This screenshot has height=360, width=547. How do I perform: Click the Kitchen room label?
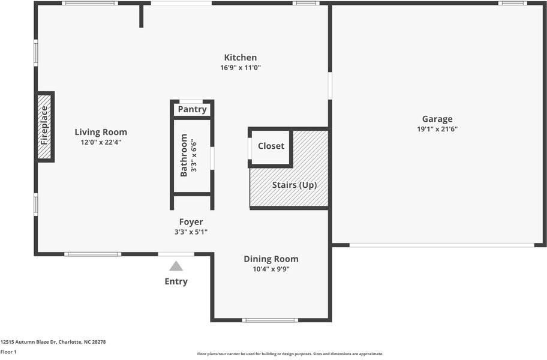(x=240, y=58)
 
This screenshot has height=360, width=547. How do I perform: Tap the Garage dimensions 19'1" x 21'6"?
(x=437, y=129)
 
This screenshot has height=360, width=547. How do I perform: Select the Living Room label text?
(x=101, y=132)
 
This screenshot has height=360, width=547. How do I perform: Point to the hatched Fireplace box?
(x=45, y=126)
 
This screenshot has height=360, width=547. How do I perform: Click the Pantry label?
(x=192, y=109)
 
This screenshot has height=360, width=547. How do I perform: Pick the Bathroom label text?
(x=184, y=155)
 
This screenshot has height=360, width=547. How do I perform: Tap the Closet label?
(x=271, y=146)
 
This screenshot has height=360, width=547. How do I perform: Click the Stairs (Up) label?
(x=294, y=185)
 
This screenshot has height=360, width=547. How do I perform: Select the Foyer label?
(x=191, y=222)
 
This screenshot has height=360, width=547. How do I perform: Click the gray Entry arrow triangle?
(x=176, y=266)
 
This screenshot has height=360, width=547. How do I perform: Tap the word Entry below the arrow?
(x=176, y=281)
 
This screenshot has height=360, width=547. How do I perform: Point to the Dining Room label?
(x=271, y=259)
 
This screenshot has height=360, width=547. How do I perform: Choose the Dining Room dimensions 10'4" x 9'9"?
(x=271, y=269)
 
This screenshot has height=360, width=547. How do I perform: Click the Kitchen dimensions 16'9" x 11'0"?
(x=240, y=68)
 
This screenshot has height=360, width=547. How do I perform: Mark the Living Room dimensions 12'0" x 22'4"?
(x=101, y=142)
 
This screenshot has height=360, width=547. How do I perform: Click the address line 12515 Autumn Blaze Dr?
(x=53, y=342)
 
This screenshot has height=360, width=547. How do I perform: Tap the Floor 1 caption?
(x=8, y=352)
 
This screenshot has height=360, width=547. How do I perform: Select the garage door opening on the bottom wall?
(x=441, y=245)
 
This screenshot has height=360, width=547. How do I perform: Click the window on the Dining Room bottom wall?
(x=270, y=320)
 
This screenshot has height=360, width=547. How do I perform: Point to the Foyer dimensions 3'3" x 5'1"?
(x=191, y=232)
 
